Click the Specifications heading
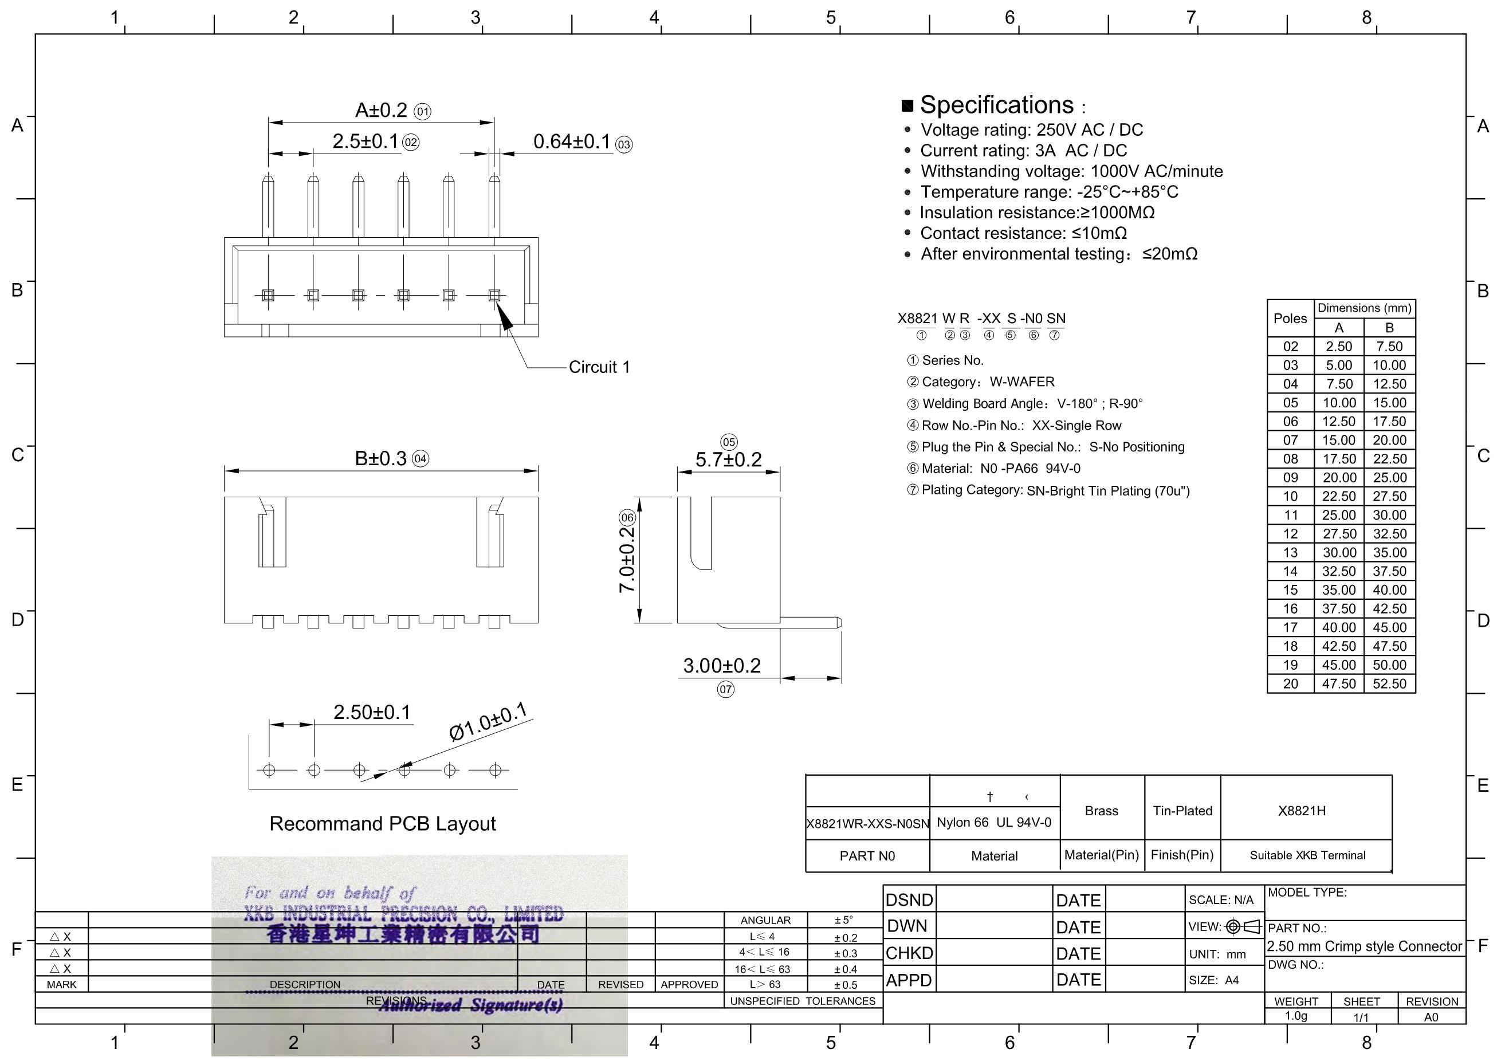coord(996,105)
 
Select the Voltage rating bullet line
coord(1032,130)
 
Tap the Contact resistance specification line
coord(1023,233)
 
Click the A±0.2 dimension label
coord(381,110)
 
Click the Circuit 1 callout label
coord(599,367)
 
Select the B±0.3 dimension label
coord(380,458)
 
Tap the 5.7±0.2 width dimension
coord(728,459)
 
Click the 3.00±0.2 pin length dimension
coord(722,666)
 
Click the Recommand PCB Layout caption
coord(383,824)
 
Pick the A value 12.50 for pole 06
coord(1339,422)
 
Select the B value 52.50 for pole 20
coord(1389,684)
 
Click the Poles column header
coord(1290,319)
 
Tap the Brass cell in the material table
coord(1102,811)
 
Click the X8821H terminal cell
coord(1302,811)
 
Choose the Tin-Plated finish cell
coord(1182,811)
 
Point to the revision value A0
coord(1431,1017)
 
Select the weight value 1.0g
coord(1296,1016)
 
